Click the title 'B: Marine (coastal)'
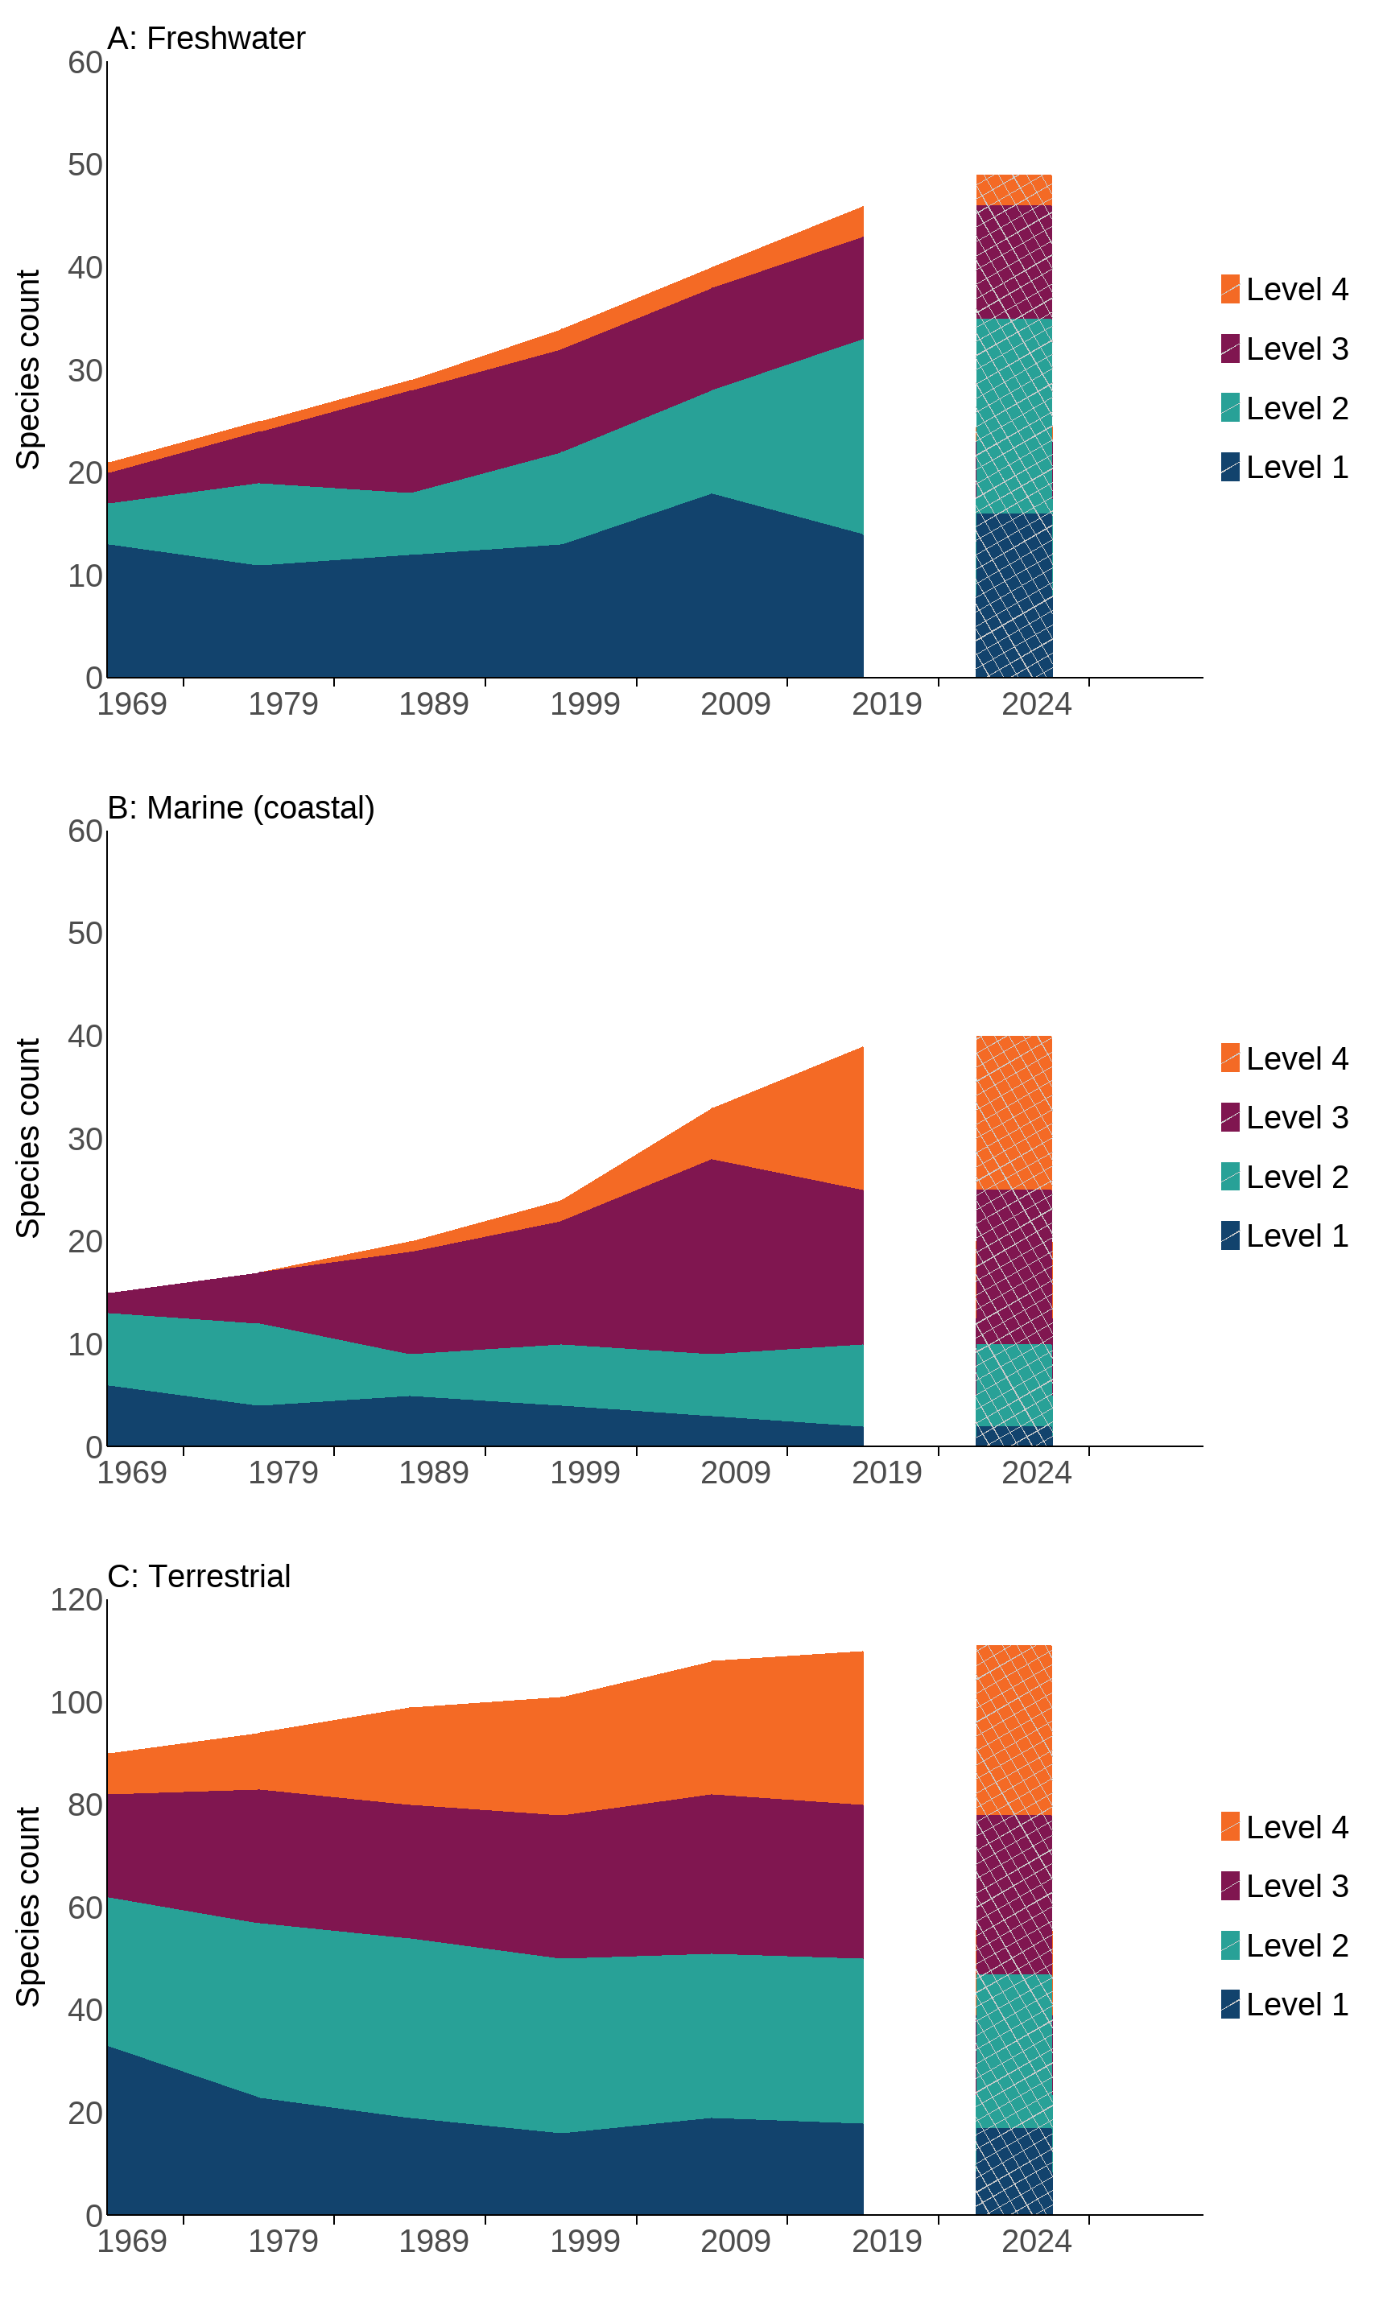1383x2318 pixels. point(241,808)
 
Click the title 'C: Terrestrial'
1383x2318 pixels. point(199,1577)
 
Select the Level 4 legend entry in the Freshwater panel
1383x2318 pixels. point(1284,290)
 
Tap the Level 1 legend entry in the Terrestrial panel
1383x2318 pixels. point(1284,2005)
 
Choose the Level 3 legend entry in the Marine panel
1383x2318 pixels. point(1284,1118)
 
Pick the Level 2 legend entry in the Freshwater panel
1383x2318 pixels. point(1284,408)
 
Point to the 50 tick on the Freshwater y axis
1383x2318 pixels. point(85,165)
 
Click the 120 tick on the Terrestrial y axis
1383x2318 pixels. point(76,1600)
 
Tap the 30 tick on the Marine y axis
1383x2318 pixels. point(85,1140)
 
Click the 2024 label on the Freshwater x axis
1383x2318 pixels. point(1036,704)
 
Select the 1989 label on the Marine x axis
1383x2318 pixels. point(433,1473)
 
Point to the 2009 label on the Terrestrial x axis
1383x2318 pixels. point(735,2242)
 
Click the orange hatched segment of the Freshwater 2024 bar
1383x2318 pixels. point(1014,190)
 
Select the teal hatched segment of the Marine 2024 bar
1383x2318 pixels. point(1014,1385)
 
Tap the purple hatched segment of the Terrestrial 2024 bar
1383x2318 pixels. point(1014,1894)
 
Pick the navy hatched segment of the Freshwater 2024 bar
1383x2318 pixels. point(1014,596)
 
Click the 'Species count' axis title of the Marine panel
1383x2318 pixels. point(28,1139)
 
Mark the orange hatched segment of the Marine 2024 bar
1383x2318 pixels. point(1014,1113)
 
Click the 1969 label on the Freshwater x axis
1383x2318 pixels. point(131,704)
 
